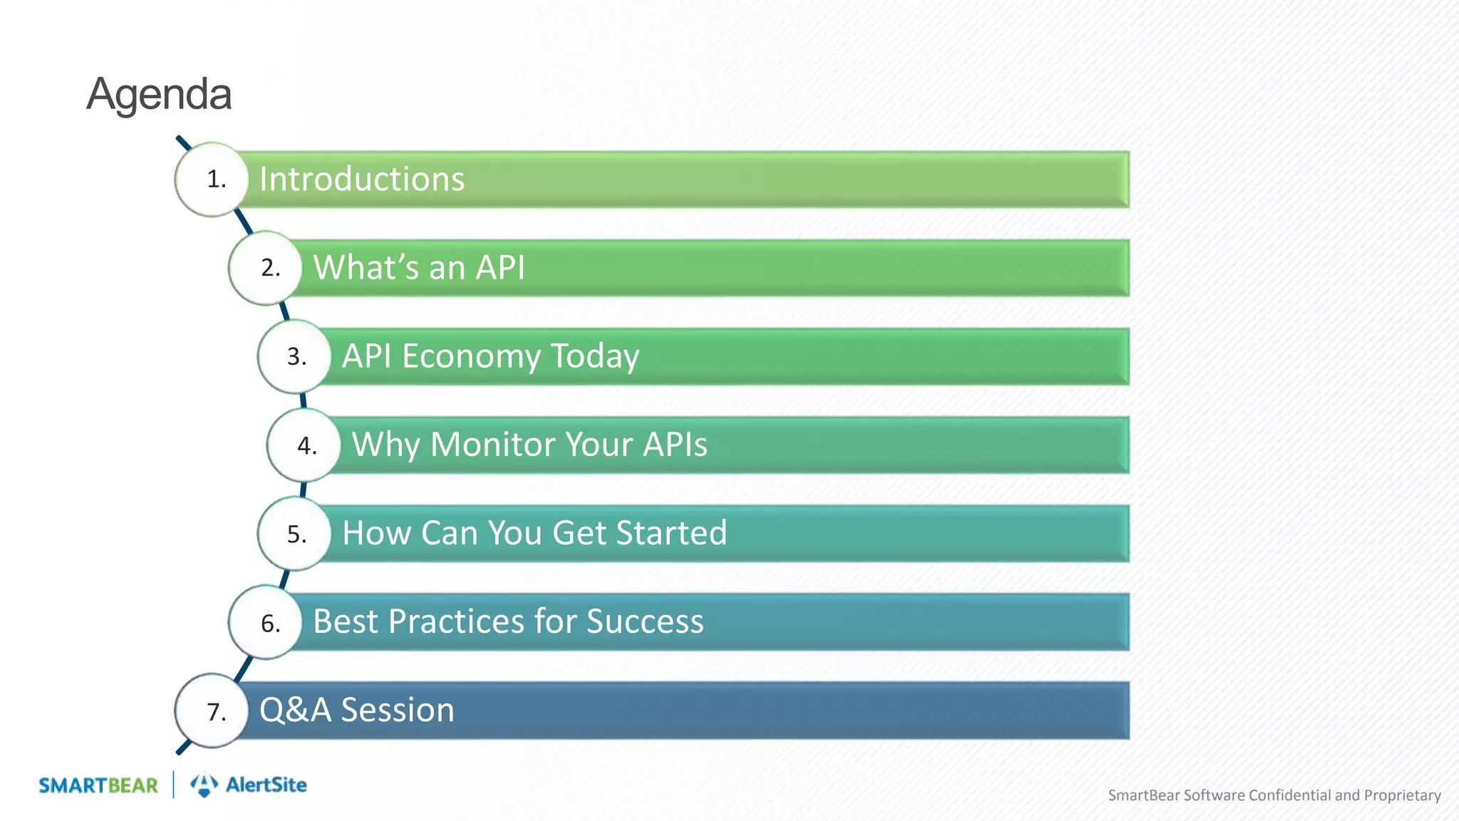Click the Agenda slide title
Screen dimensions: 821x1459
point(159,94)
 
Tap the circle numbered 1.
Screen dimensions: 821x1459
point(212,180)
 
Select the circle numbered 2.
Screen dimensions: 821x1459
point(266,268)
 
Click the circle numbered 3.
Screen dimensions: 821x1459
point(294,356)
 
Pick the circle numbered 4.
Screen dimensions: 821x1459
point(304,445)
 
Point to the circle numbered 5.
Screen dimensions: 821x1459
point(294,534)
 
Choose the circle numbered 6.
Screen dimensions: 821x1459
point(266,623)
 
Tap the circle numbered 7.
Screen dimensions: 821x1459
point(212,711)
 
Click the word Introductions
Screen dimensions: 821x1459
point(362,179)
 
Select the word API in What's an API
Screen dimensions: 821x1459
point(500,268)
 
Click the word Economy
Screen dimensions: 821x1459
point(471,356)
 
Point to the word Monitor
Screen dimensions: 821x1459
point(493,445)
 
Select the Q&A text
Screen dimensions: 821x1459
point(295,710)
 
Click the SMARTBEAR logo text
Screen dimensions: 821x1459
point(98,785)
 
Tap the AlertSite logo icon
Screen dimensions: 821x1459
point(204,785)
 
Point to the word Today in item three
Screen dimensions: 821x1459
point(595,356)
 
